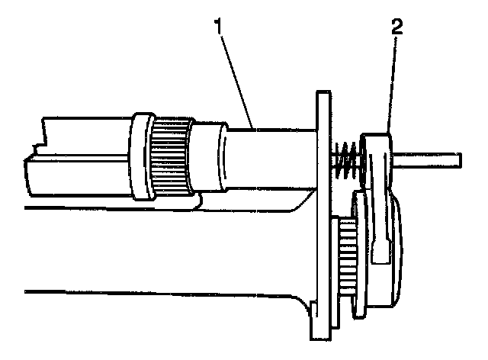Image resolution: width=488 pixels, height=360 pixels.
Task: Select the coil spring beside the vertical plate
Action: [345, 161]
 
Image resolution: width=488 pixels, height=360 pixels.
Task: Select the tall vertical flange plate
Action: [322, 214]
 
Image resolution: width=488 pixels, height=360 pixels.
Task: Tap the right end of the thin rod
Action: [460, 159]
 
